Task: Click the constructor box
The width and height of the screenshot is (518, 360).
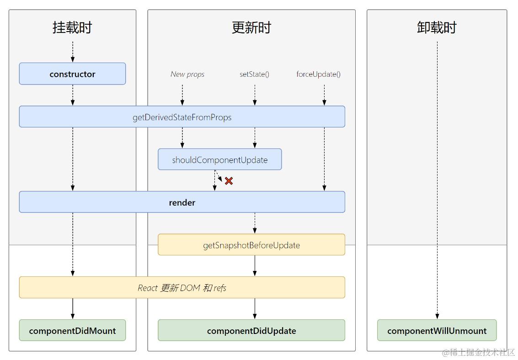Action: [72, 74]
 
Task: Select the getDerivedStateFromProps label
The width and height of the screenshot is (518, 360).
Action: [182, 117]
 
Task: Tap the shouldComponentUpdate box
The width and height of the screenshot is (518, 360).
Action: [219, 160]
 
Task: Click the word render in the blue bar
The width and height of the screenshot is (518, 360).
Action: [182, 202]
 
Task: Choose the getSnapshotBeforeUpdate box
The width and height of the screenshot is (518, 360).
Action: [251, 245]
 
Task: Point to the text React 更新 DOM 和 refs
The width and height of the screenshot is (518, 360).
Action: [182, 288]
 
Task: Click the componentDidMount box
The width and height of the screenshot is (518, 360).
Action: [72, 331]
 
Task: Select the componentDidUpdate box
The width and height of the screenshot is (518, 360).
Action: [251, 331]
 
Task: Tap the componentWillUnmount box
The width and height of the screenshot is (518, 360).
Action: [437, 331]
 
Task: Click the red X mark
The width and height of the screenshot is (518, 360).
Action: [229, 181]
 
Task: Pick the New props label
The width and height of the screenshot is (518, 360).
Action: [187, 74]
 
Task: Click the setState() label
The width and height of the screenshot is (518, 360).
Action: [254, 74]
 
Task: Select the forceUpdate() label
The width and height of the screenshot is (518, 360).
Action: [318, 74]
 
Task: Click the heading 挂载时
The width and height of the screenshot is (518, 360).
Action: [72, 27]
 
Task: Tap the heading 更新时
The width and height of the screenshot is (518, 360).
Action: [251, 27]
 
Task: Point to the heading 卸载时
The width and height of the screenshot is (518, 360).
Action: [437, 27]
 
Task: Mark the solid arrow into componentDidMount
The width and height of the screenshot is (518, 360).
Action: [72, 309]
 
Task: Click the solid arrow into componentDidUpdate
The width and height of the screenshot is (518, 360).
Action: [255, 309]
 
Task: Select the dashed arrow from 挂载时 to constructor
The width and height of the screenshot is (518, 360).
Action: [72, 52]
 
